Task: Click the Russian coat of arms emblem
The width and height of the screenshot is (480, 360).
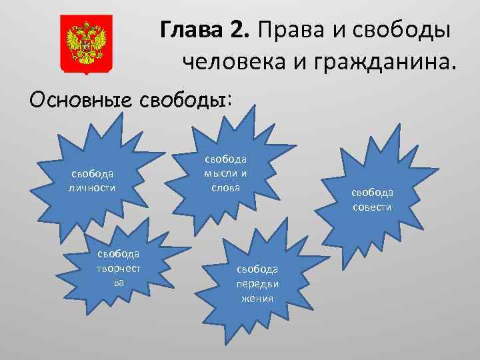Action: [86, 44]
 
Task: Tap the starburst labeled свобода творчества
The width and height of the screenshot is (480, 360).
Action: [120, 267]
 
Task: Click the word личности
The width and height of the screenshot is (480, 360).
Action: [92, 187]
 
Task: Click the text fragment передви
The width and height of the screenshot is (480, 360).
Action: [257, 283]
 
